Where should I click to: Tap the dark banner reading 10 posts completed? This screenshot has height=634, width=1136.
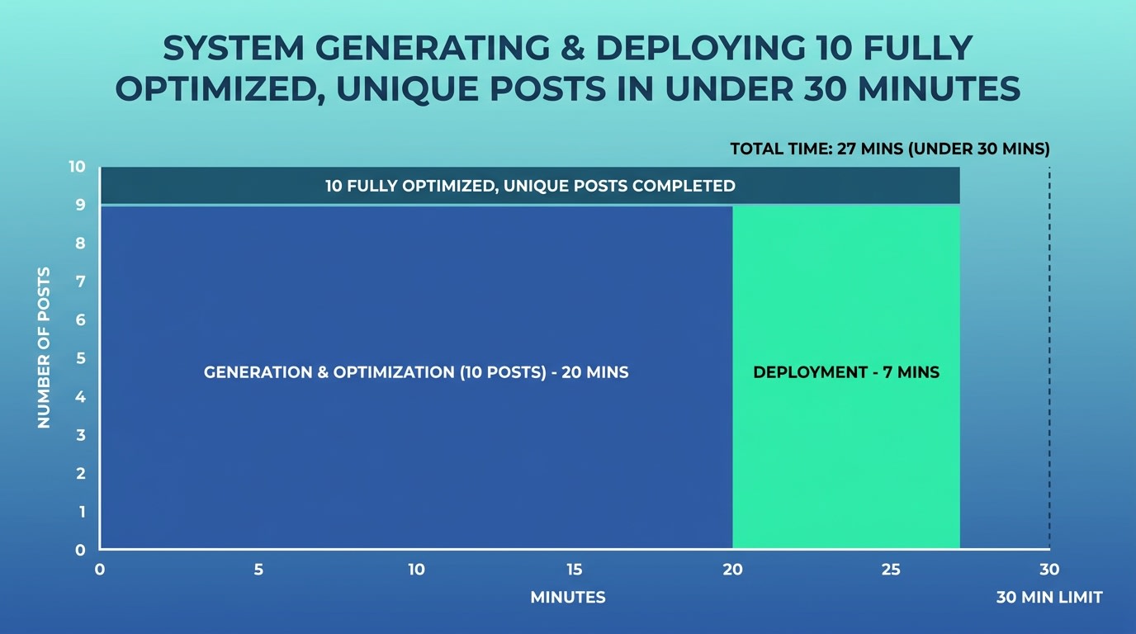pos(530,186)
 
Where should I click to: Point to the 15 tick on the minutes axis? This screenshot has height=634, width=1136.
pos(575,570)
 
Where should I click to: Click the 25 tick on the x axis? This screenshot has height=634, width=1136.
pos(891,570)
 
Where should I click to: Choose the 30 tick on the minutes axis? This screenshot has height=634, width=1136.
pos(1048,570)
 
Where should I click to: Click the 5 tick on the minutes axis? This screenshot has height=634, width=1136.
pos(258,570)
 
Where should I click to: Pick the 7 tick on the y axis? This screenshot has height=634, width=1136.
pos(81,282)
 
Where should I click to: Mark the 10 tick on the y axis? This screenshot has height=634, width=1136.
pos(77,167)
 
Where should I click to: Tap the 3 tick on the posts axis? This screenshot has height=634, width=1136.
pos(81,435)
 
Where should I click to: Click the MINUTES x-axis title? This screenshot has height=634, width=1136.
pos(568,598)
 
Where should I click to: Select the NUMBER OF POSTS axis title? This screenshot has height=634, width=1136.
pos(44,347)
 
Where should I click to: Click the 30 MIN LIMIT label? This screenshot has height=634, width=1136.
pos(1048,598)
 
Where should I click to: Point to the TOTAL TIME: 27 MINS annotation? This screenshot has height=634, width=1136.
pos(890,149)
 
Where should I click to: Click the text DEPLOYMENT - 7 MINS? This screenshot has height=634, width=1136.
pos(846,372)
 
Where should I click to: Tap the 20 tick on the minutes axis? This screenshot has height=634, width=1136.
pos(732,570)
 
